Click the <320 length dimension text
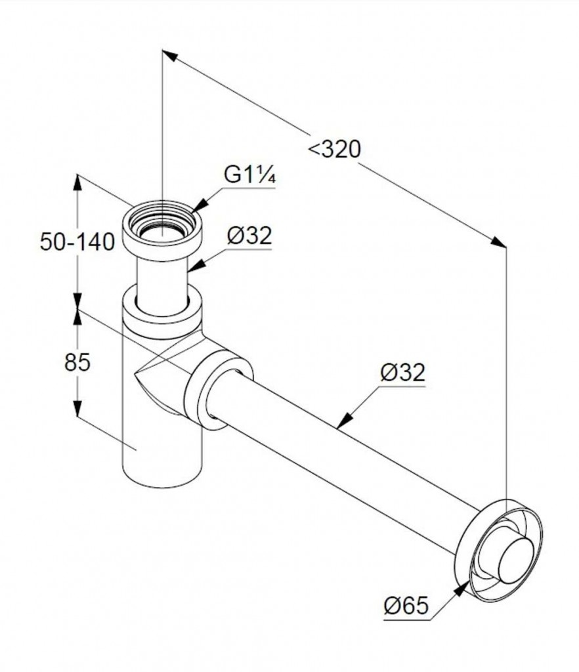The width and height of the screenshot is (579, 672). coord(335,150)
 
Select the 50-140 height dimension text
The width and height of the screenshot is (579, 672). coord(77,241)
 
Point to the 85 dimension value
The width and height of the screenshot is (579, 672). coord(77,362)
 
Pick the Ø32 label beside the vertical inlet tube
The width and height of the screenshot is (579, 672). coord(249,236)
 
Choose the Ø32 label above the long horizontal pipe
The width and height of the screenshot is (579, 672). coord(402,373)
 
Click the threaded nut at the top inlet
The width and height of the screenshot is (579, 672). coord(162,226)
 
